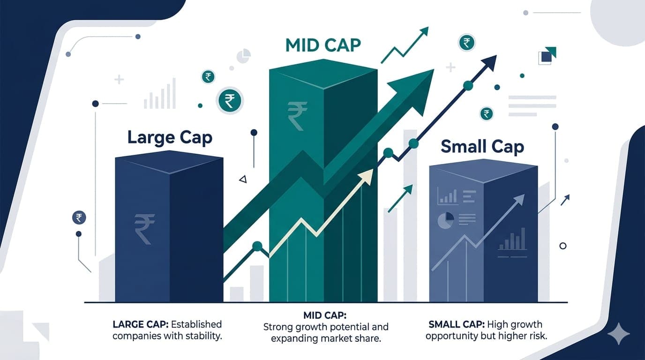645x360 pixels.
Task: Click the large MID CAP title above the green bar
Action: point(323,45)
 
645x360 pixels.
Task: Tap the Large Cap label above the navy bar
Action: point(170,138)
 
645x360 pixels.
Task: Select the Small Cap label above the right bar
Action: point(482,147)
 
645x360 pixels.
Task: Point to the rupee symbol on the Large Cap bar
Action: point(144,228)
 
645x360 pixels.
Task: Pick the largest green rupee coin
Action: point(230,101)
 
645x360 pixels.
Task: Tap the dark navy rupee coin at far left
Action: point(79,217)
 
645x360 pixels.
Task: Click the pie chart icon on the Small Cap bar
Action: point(445,220)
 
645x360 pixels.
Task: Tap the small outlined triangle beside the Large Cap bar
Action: point(242,179)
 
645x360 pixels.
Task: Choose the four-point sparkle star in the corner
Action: point(618,334)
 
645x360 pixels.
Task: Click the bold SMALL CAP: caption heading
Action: point(456,324)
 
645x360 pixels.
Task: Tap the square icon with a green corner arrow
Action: point(547,56)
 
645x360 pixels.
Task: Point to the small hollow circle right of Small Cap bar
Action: point(563,246)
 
